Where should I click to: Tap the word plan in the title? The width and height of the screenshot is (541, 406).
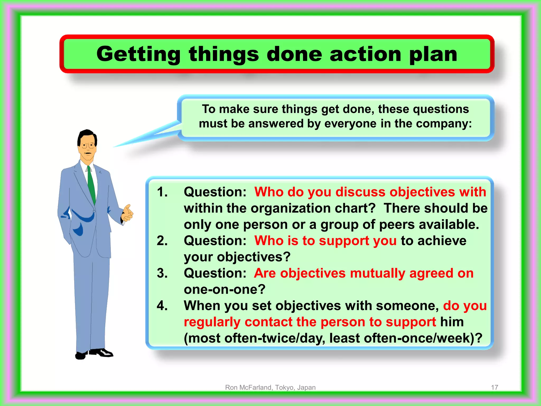433,54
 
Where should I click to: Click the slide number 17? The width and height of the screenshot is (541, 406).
495,387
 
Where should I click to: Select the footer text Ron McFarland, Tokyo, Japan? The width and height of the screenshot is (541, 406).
270,387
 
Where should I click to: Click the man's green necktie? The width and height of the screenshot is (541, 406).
91,185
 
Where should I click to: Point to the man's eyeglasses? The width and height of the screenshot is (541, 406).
88,145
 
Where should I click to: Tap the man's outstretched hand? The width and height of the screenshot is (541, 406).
128,213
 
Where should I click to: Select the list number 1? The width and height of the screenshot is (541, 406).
162,192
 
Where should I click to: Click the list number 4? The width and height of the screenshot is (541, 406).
162,306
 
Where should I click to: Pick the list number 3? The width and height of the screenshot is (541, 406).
162,273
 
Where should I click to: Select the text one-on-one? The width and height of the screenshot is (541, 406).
225,289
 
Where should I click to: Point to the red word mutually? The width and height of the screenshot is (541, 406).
377,273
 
